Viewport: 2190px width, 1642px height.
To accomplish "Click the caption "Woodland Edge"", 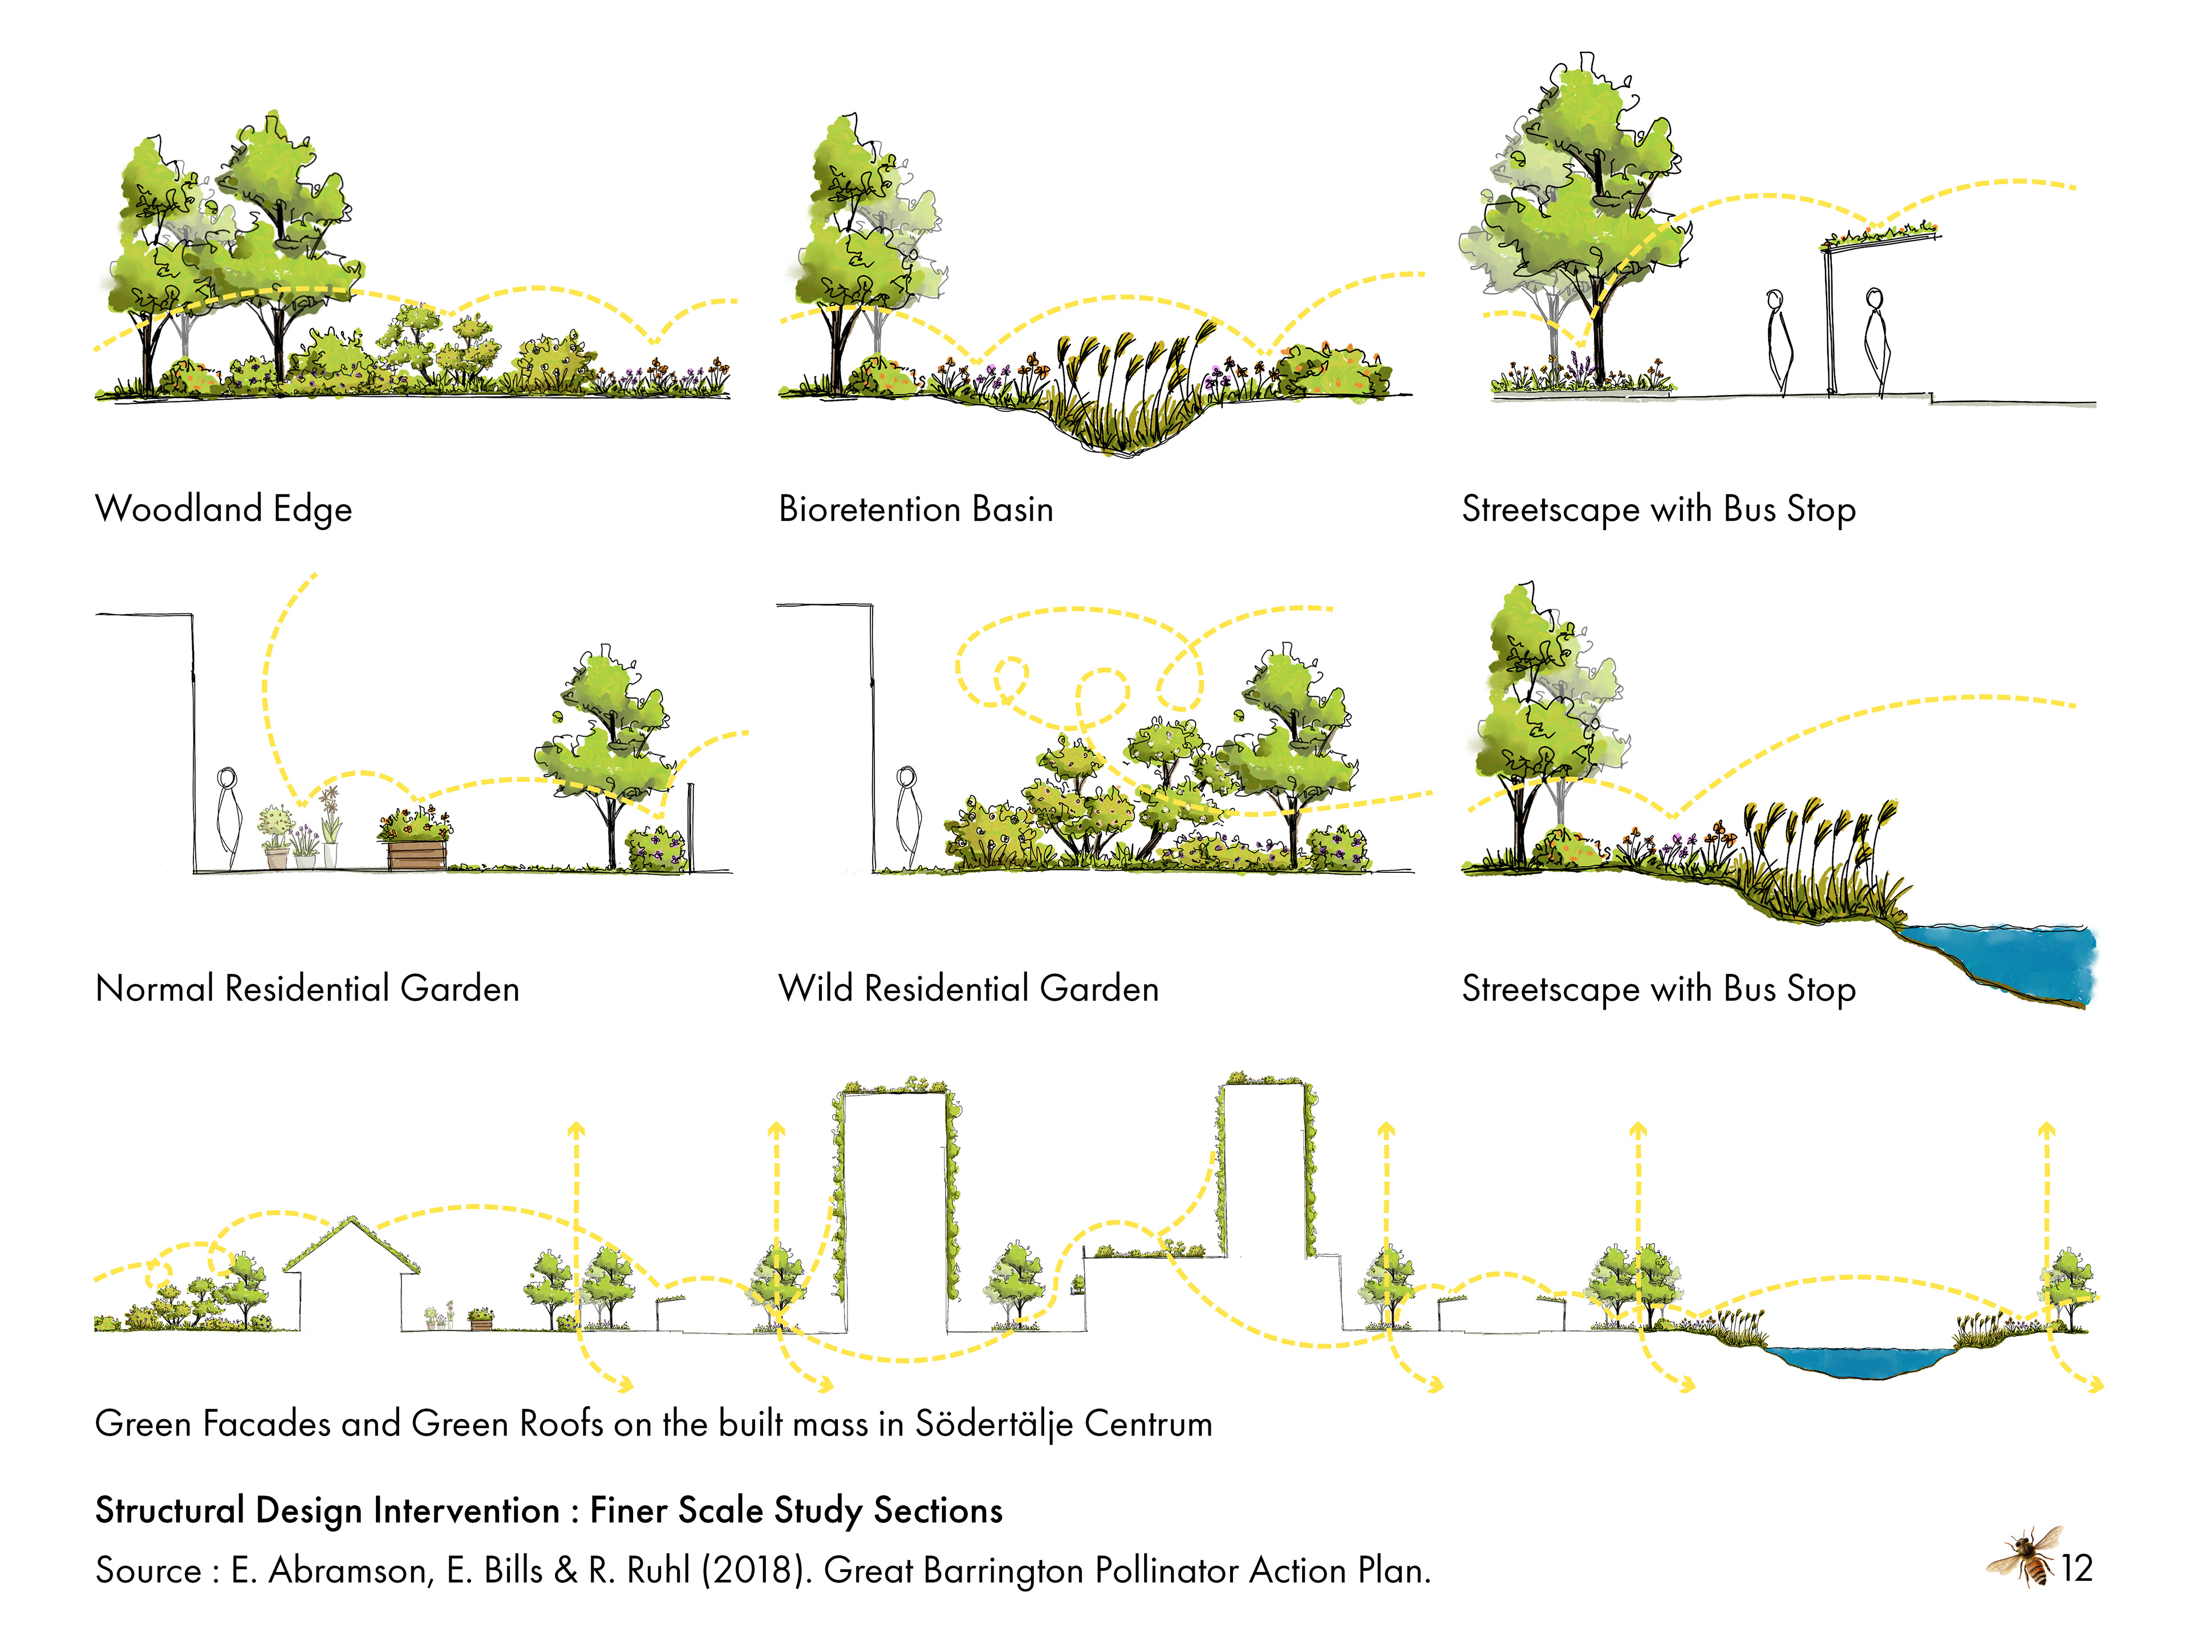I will [224, 509].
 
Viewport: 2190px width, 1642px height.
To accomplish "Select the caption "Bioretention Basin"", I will [916, 509].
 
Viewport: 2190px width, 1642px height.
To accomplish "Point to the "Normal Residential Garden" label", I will [307, 989].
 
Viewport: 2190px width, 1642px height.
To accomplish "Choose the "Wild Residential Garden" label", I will [968, 989].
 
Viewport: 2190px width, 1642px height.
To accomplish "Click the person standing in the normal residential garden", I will [229, 819].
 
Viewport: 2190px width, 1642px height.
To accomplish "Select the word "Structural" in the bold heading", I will [169, 1510].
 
